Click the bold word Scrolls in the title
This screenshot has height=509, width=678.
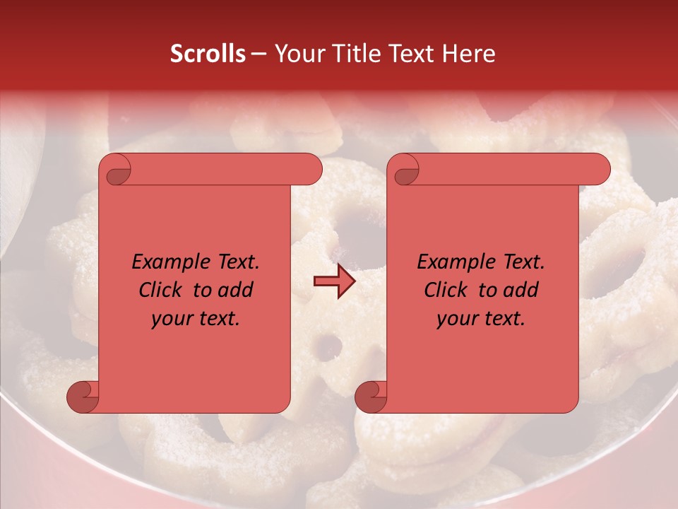208,54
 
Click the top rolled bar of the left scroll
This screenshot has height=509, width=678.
219,170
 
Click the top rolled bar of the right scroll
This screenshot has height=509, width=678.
509,170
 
